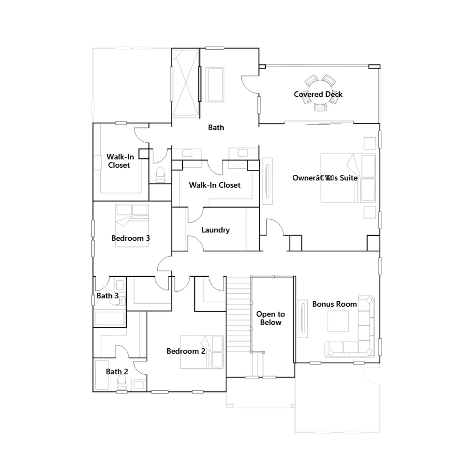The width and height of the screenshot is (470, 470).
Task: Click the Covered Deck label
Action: pyautogui.click(x=318, y=94)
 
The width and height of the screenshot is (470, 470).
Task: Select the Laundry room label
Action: pyautogui.click(x=215, y=230)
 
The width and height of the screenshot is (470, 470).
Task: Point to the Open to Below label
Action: pyautogui.click(x=271, y=318)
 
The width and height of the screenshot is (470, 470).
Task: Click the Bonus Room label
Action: pyautogui.click(x=335, y=304)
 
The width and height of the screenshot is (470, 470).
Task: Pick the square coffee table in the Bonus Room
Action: pyautogui.click(x=338, y=321)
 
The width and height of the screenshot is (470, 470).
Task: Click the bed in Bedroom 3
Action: pyautogui.click(x=132, y=225)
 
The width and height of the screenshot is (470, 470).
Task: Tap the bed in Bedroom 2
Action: pyautogui.click(x=202, y=352)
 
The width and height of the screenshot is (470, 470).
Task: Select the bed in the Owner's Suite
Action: pyautogui.click(x=348, y=178)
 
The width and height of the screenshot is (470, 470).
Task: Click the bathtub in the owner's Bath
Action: pyautogui.click(x=214, y=85)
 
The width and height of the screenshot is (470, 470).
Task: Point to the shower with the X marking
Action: pyautogui.click(x=186, y=83)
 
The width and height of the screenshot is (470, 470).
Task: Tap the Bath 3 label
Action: pyautogui.click(x=108, y=296)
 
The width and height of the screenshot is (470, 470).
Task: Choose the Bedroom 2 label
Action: pyautogui.click(x=186, y=351)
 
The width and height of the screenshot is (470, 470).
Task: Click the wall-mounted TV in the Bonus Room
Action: pyautogui.click(x=303, y=319)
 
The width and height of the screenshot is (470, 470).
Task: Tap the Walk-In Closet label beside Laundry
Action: pyautogui.click(x=215, y=185)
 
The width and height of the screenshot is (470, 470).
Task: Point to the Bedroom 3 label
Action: pyautogui.click(x=130, y=238)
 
